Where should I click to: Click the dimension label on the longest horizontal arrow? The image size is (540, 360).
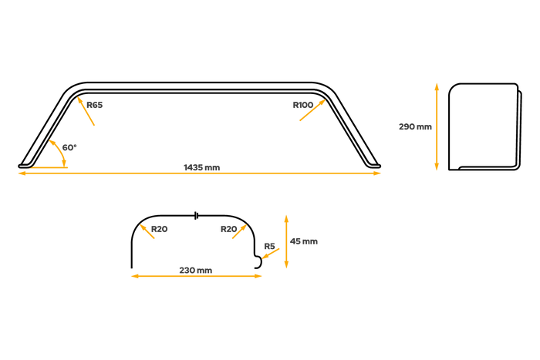point(202,167)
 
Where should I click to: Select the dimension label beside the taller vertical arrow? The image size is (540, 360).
point(414,126)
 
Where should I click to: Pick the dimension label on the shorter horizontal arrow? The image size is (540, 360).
point(195,270)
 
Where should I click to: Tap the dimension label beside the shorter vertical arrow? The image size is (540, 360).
point(305,242)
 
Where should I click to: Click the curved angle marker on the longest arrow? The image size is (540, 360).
point(49,167)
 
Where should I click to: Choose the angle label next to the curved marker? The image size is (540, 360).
point(70,146)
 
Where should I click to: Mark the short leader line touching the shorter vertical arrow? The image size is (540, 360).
point(272,253)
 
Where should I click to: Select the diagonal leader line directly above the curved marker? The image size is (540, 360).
point(59,152)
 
